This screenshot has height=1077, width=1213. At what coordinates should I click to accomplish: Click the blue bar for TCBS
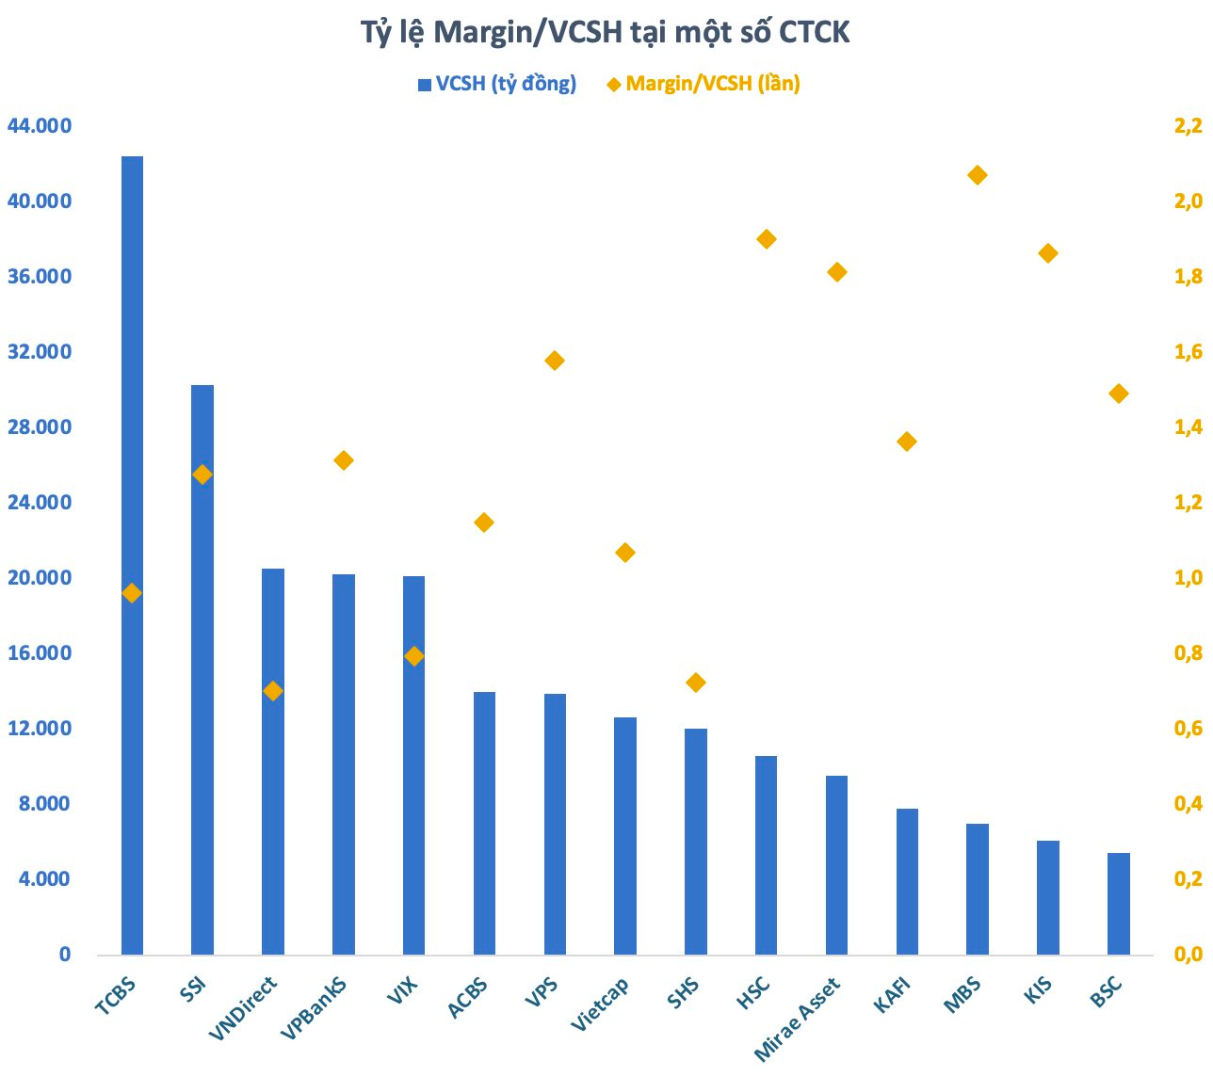pyautogui.click(x=132, y=555)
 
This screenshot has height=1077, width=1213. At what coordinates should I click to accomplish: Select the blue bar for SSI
pyautogui.click(x=202, y=668)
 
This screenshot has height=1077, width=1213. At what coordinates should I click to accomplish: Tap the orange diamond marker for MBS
pyautogui.click(x=978, y=175)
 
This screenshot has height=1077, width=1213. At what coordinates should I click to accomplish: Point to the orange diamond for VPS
pyautogui.click(x=555, y=361)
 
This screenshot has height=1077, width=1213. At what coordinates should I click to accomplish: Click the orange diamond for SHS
pyautogui.click(x=696, y=683)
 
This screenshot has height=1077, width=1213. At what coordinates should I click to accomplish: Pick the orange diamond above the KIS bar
pyautogui.click(x=1048, y=253)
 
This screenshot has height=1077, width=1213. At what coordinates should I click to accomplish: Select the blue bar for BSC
pyautogui.click(x=1119, y=904)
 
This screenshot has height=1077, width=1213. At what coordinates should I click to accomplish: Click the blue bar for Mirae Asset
pyautogui.click(x=836, y=864)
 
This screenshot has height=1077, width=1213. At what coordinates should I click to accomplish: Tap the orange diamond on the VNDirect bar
pyautogui.click(x=273, y=691)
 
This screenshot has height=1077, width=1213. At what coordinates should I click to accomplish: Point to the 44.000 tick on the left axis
pyautogui.click(x=39, y=126)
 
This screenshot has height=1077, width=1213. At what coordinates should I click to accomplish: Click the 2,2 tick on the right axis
pyautogui.click(x=1188, y=126)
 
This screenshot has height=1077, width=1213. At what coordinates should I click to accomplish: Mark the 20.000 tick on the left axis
pyautogui.click(x=39, y=578)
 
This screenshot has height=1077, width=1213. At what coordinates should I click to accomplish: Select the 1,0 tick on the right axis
pyautogui.click(x=1188, y=578)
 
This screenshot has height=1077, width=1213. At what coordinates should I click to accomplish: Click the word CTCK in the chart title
pyautogui.click(x=814, y=32)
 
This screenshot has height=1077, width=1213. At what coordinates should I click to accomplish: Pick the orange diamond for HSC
pyautogui.click(x=767, y=239)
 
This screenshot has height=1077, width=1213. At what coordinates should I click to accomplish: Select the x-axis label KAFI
pyautogui.click(x=893, y=996)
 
